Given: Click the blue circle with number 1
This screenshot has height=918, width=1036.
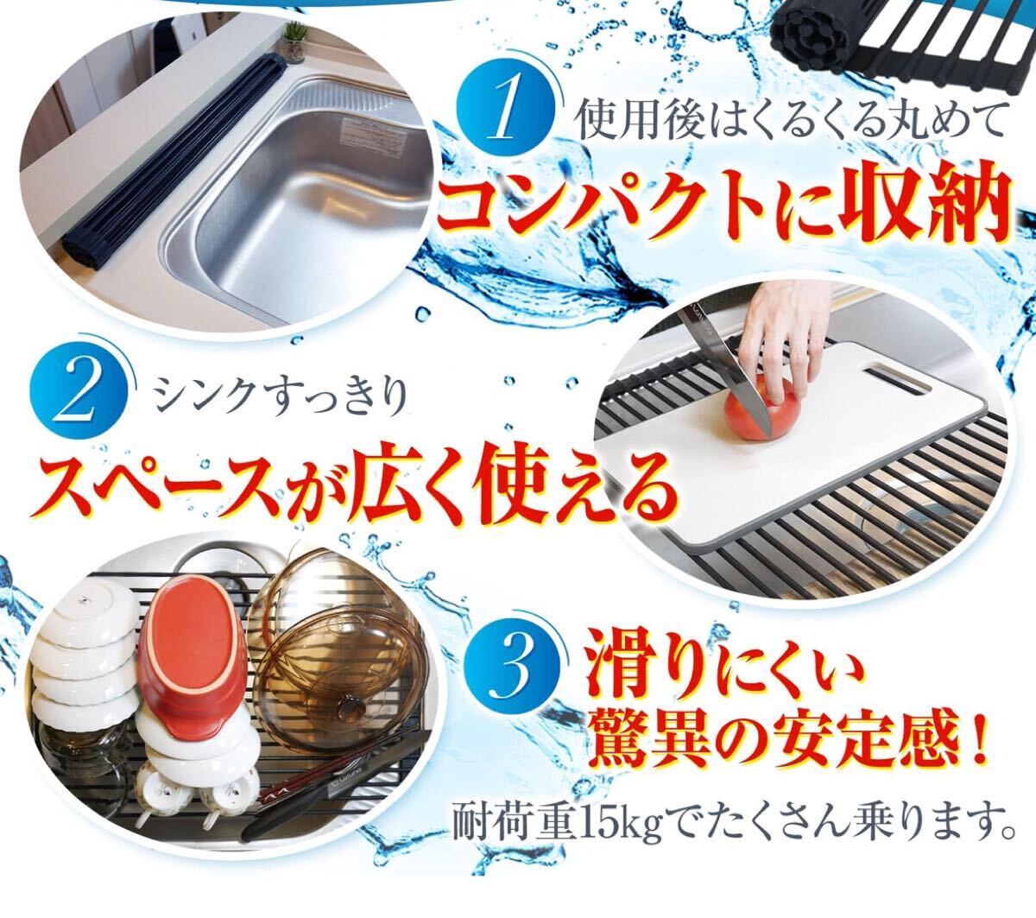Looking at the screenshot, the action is click(x=505, y=112).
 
